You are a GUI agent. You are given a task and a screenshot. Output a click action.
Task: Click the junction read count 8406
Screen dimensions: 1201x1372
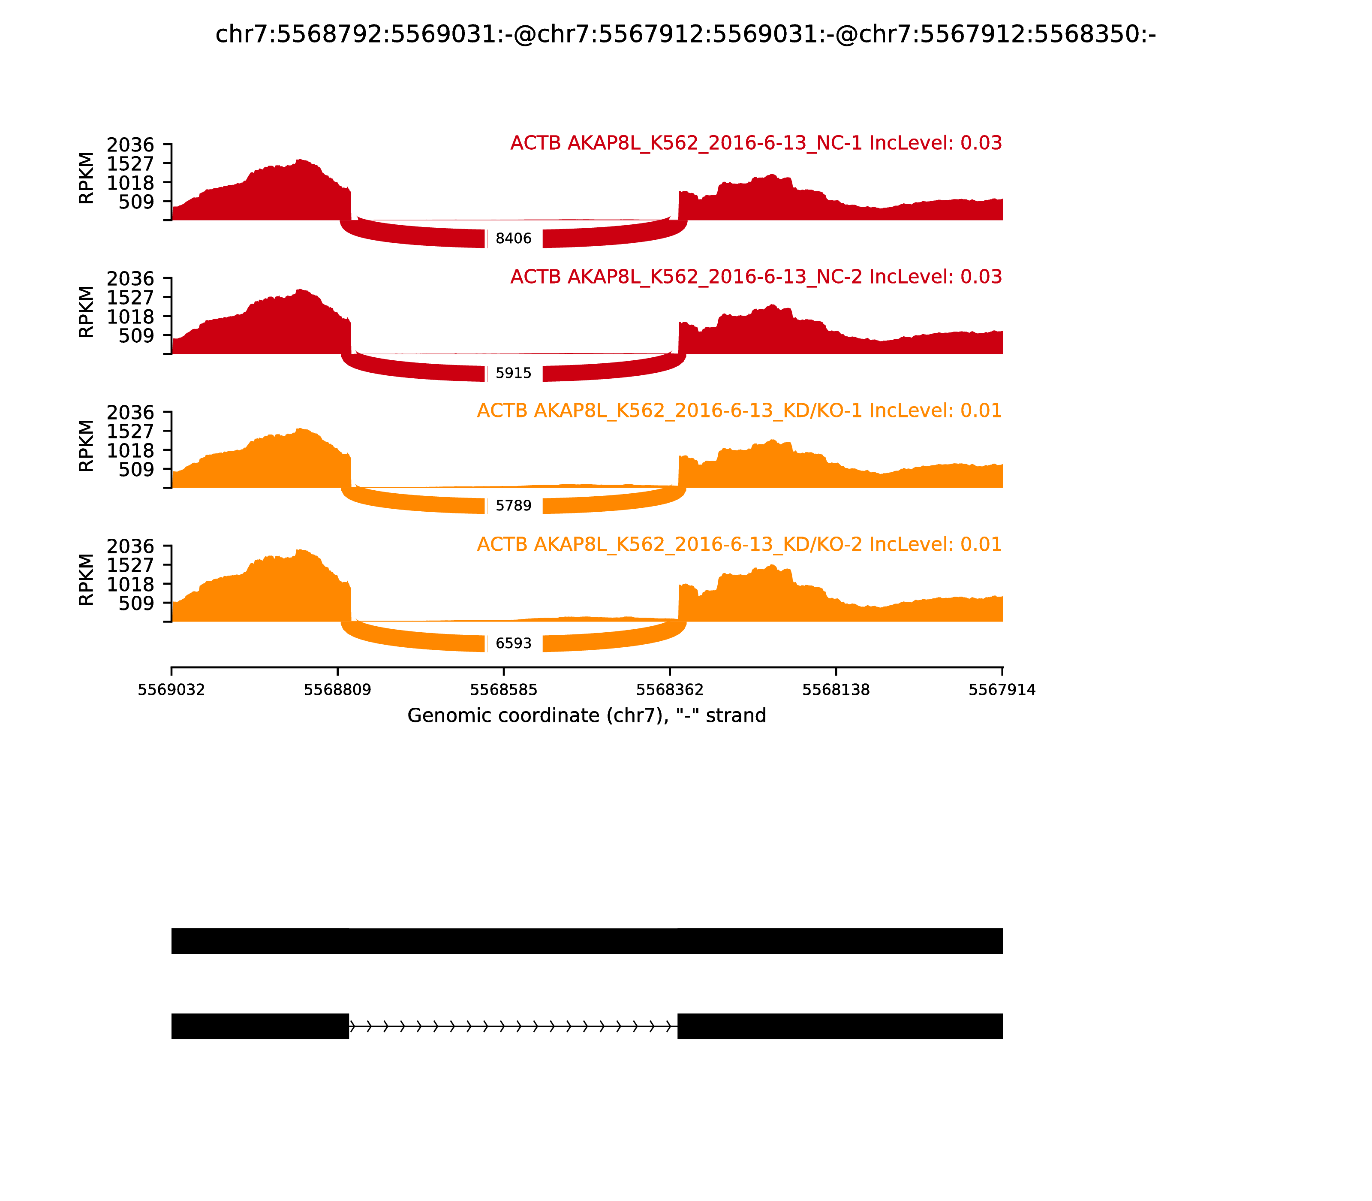click(x=513, y=238)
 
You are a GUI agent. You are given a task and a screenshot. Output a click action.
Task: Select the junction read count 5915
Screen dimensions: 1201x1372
click(x=513, y=373)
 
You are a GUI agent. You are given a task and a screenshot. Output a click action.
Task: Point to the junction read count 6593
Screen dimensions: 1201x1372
click(x=513, y=643)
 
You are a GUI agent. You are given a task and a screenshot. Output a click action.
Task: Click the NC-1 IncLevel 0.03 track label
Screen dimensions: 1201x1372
click(x=755, y=143)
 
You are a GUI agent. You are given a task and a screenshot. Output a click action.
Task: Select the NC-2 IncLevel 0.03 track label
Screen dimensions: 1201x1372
click(x=755, y=277)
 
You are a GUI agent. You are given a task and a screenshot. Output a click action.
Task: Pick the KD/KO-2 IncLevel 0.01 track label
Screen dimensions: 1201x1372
click(x=739, y=544)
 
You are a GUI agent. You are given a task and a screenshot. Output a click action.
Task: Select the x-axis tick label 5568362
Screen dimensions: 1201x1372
click(x=669, y=690)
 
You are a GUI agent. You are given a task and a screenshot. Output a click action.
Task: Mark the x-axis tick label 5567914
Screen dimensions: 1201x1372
click(x=1002, y=690)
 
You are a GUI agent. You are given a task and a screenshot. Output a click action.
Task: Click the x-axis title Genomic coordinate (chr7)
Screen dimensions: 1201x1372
click(x=586, y=716)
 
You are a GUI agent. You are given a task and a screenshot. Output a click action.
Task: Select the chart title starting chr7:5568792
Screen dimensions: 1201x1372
click(x=685, y=34)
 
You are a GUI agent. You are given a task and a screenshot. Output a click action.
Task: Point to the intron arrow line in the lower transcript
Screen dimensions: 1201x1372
click(x=512, y=1026)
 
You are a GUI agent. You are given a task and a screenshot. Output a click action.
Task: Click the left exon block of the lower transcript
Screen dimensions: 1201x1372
click(x=260, y=1026)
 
